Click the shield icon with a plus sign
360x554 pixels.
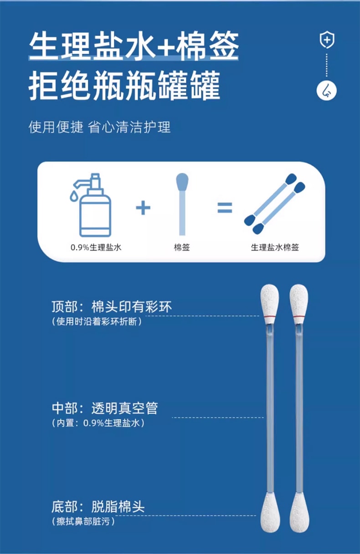click(x=327, y=40)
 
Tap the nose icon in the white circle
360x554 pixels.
click(x=327, y=91)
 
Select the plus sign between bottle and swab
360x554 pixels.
click(x=143, y=208)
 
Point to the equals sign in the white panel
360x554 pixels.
click(x=225, y=208)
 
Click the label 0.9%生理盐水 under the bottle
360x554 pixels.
click(x=96, y=247)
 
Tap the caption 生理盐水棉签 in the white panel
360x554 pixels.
click(x=275, y=247)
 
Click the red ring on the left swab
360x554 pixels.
click(x=269, y=316)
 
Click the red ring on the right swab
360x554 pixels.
click(x=299, y=316)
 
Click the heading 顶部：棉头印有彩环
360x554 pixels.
click(x=112, y=307)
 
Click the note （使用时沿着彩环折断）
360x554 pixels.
click(x=97, y=322)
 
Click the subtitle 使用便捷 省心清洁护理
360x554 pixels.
click(x=99, y=128)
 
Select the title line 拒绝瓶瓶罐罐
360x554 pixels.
click(x=124, y=85)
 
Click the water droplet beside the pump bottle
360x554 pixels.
click(x=73, y=195)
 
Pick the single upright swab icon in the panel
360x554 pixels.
click(x=182, y=204)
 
